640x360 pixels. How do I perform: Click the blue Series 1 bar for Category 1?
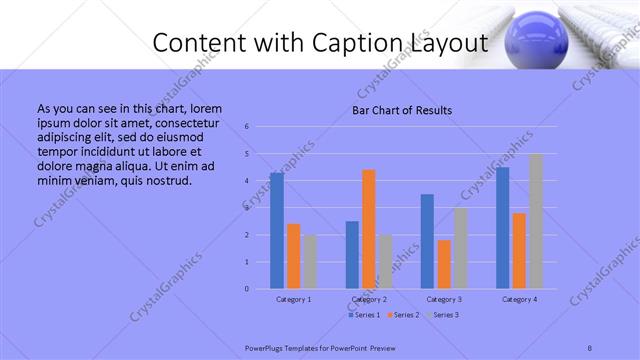click(277, 231)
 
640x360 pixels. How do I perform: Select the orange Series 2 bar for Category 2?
click(369, 229)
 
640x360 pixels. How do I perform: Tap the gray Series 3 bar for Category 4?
click(536, 221)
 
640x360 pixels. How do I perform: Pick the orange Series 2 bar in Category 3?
click(444, 264)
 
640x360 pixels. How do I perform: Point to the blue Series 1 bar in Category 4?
click(502, 228)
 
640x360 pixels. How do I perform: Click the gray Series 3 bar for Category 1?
click(310, 262)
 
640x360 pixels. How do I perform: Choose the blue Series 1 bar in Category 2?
click(352, 255)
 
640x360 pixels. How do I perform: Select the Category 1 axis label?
click(293, 299)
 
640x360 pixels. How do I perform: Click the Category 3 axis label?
click(444, 299)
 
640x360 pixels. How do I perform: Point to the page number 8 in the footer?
click(590, 347)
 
